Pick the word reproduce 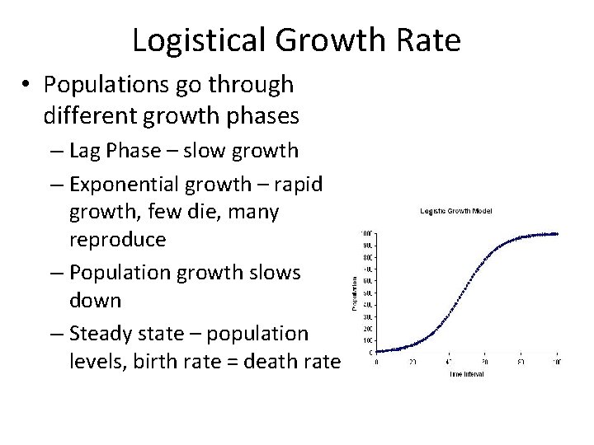117,240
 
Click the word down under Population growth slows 97,300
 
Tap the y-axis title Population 355,293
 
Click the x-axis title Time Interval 467,373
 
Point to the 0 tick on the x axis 377,361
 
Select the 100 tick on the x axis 557,361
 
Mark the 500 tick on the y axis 366,293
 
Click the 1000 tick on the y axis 365,233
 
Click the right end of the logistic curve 558,234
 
